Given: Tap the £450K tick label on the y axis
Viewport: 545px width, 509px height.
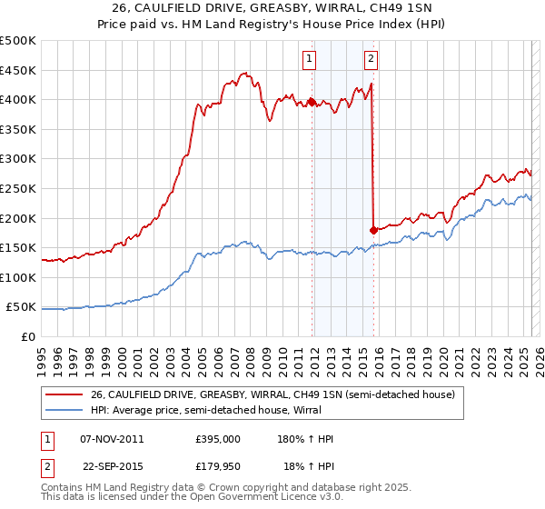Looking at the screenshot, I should tap(18, 70).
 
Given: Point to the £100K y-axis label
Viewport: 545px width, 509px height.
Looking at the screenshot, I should tap(18, 277).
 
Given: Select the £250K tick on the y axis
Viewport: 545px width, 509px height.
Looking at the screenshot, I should tap(18, 188).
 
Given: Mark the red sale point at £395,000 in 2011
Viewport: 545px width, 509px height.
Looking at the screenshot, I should tap(312, 102).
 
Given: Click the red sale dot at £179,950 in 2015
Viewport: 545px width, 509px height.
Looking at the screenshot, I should tap(373, 230).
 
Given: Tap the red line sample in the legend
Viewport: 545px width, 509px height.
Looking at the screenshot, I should tap(64, 394).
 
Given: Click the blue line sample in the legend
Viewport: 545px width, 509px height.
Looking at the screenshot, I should tap(64, 410).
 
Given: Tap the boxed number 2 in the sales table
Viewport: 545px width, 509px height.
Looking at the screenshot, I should tap(46, 466).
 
